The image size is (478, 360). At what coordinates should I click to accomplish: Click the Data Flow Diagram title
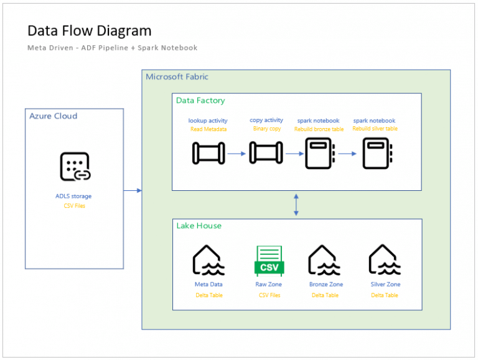89,30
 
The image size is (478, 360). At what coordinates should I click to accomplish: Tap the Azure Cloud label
54,116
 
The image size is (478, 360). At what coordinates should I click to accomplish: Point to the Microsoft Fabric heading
177,76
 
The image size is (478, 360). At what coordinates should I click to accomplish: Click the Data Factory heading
200,100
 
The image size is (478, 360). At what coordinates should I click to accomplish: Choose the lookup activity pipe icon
208,153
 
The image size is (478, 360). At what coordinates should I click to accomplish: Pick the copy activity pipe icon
266,153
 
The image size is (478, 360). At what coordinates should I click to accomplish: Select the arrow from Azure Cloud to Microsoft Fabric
133,190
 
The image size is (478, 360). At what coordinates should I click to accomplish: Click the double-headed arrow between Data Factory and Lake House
296,204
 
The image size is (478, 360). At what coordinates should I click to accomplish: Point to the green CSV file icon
269,261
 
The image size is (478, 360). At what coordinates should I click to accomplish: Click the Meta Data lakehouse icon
209,261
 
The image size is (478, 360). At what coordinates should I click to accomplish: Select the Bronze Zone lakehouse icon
325,261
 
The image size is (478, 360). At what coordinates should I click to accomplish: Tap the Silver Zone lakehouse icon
385,261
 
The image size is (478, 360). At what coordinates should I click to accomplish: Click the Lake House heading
199,226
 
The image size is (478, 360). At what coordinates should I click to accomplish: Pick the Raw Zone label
269,284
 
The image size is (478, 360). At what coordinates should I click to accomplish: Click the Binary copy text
267,129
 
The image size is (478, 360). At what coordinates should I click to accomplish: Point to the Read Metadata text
209,129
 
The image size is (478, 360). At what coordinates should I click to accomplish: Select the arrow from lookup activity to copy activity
237,153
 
